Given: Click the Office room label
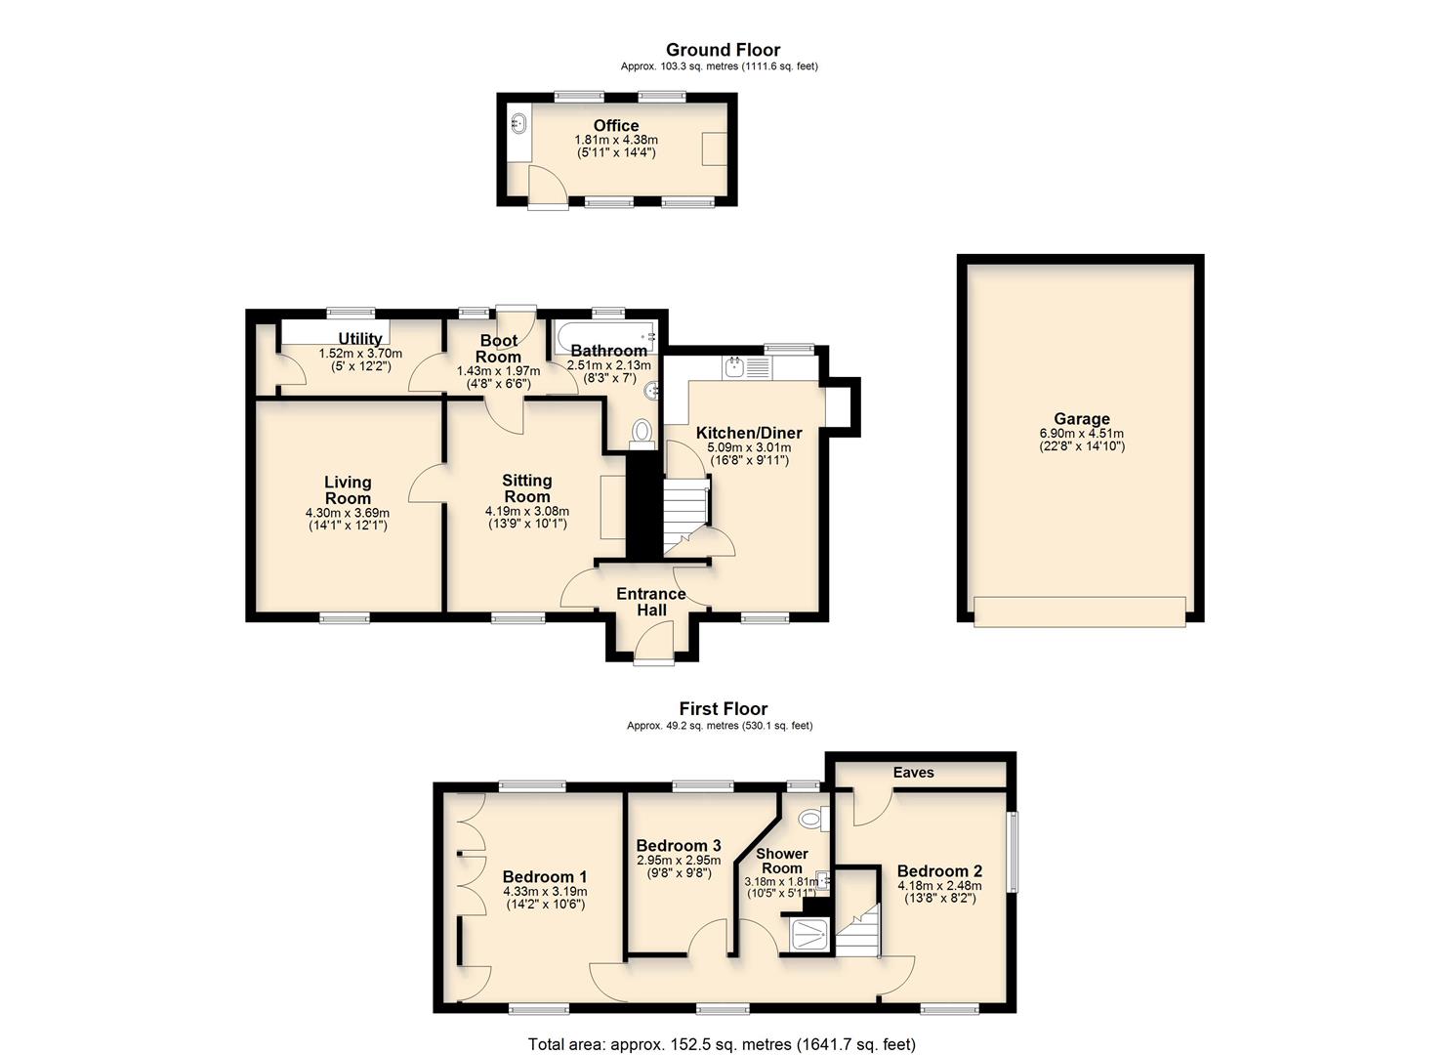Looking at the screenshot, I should (x=615, y=126).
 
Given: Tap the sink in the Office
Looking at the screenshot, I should (x=518, y=124).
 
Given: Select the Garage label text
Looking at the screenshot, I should (x=1081, y=419).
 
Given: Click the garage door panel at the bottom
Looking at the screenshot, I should (x=1080, y=611).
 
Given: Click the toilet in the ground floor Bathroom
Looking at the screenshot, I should (x=642, y=430).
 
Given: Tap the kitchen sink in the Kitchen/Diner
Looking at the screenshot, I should (x=734, y=368).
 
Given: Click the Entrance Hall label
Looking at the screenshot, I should (x=651, y=602).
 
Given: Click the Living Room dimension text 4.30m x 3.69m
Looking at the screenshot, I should (x=348, y=513).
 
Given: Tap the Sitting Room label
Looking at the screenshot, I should (x=526, y=487).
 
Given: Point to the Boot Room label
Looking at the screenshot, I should (x=498, y=349).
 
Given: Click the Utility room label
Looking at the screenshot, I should (x=359, y=339).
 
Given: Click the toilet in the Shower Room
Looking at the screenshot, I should (x=811, y=819).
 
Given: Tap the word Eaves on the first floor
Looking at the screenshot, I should (x=913, y=773).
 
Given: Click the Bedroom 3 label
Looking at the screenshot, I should (x=678, y=845).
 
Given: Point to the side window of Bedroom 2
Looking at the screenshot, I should (x=1013, y=852).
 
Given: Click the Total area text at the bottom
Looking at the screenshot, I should (x=722, y=1044).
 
